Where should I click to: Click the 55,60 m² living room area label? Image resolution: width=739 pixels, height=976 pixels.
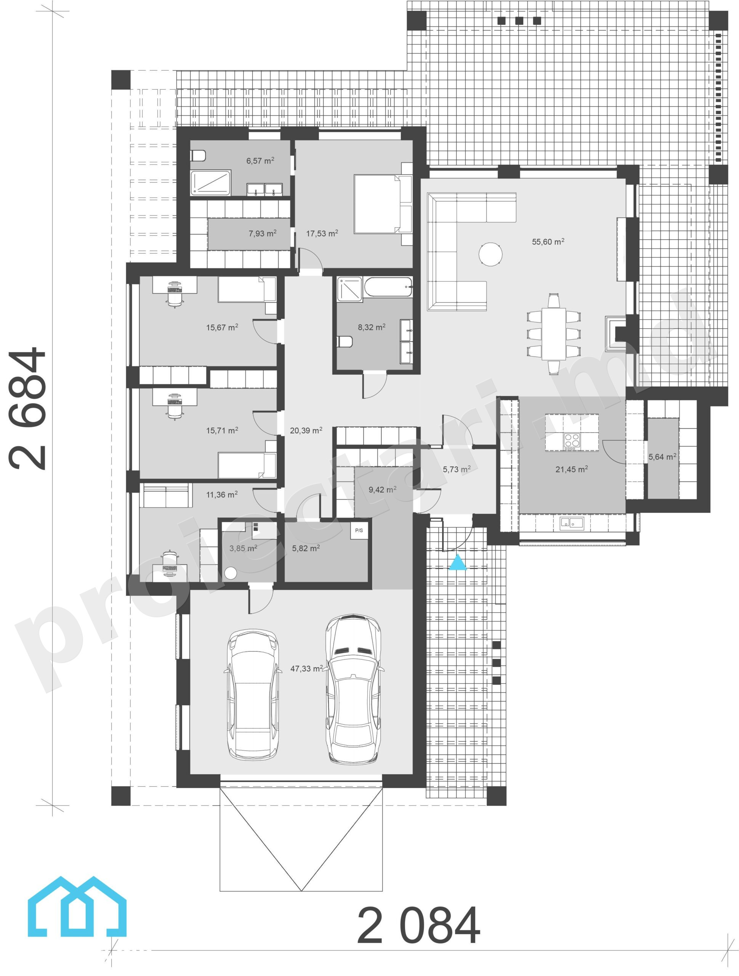(x=548, y=241)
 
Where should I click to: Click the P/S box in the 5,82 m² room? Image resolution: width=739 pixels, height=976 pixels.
(x=359, y=530)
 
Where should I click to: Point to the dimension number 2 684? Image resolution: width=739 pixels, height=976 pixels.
(x=27, y=409)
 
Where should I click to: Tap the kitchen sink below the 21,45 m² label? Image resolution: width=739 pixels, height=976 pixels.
(x=572, y=524)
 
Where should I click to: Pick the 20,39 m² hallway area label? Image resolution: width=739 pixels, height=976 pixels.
(x=306, y=430)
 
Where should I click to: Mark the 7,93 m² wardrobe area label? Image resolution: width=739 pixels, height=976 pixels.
(x=263, y=233)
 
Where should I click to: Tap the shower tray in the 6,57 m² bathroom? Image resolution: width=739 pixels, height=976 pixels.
(x=210, y=183)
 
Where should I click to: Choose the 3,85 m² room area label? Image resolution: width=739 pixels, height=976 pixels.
(x=243, y=549)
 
